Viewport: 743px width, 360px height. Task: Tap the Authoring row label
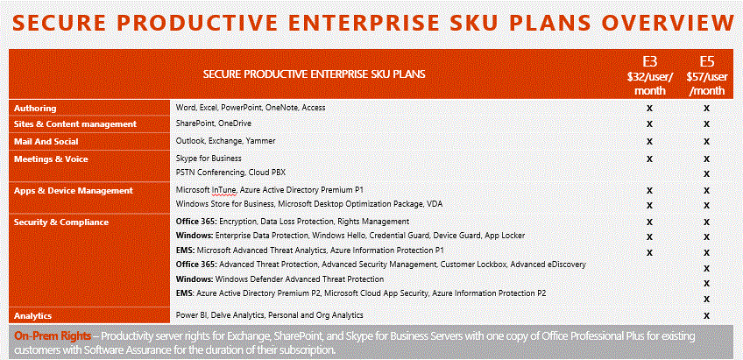tap(35, 108)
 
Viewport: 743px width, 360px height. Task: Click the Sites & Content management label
tap(75, 124)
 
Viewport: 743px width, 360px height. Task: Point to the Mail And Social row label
tap(46, 142)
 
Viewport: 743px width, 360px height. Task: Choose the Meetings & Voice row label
tap(51, 159)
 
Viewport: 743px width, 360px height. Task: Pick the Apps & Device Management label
tap(74, 190)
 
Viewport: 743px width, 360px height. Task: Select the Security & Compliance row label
tap(61, 222)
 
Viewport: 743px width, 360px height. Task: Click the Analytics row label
tap(32, 315)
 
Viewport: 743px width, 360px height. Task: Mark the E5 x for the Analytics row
tap(706, 315)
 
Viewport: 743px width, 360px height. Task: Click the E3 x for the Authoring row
tap(649, 108)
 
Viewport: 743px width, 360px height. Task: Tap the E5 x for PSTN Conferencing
tap(706, 173)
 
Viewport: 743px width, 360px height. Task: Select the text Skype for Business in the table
tap(209, 159)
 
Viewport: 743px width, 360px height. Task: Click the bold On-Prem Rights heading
tap(53, 336)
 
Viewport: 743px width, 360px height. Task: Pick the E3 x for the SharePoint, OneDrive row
tap(649, 124)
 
